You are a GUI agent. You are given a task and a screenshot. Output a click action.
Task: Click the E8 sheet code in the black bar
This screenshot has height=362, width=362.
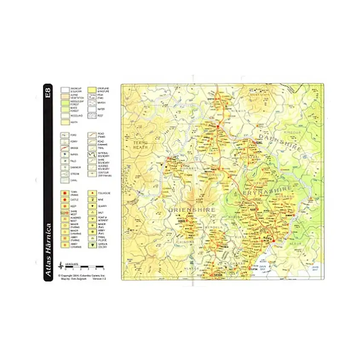(x=48, y=93)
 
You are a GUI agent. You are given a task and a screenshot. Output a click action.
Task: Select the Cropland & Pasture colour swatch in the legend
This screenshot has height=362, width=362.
(x=91, y=90)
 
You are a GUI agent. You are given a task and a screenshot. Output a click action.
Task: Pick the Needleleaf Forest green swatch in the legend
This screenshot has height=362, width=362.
(x=64, y=103)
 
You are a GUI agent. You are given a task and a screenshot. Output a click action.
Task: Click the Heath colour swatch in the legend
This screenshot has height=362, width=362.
(x=64, y=122)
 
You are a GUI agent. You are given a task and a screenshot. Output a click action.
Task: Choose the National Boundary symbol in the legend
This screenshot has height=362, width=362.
(x=91, y=155)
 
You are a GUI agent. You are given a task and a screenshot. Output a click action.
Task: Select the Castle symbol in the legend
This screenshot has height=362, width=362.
(x=64, y=200)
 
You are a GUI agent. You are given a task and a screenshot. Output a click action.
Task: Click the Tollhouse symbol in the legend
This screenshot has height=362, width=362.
(x=91, y=193)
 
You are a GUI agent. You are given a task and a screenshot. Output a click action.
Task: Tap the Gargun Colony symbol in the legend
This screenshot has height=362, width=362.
(x=91, y=245)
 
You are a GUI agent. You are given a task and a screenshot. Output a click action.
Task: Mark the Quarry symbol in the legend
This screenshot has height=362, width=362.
(x=91, y=206)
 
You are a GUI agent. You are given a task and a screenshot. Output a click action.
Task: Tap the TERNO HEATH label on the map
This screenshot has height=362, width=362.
(x=139, y=144)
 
